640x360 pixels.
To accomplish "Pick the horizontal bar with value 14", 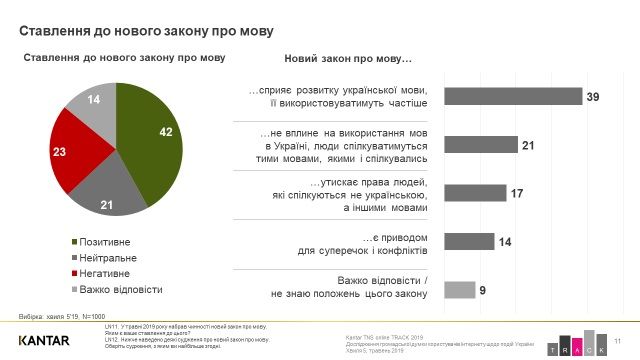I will click(468, 241).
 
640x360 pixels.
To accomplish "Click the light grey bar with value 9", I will click(459, 289).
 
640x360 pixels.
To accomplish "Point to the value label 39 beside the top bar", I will click(593, 96).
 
